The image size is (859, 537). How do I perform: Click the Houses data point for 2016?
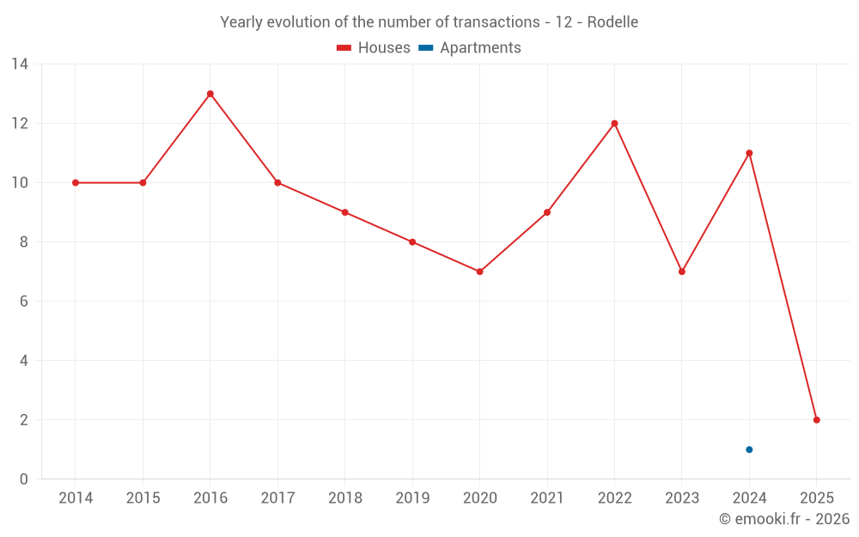point(210,94)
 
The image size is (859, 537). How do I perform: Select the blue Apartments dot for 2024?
point(749,449)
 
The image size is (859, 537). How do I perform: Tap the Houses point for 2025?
point(816,420)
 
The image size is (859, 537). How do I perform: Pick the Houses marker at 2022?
point(614,124)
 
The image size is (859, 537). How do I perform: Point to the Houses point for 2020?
point(479,272)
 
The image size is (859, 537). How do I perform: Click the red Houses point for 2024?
point(749,153)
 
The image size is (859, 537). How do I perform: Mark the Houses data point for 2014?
point(76,183)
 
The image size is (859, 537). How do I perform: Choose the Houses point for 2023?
point(682,272)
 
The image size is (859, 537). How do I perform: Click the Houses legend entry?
point(374,48)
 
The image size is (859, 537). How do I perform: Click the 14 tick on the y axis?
point(19,64)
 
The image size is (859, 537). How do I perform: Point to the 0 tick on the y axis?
point(24,479)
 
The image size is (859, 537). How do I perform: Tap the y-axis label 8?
point(24,242)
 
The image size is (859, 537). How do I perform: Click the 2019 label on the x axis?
point(412,498)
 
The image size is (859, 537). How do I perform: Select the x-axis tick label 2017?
point(277,498)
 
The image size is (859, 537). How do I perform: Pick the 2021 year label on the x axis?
point(547,498)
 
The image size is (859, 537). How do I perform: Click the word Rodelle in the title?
point(612,22)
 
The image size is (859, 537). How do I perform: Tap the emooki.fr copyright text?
point(784,519)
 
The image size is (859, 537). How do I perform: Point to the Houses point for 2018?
point(344,212)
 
